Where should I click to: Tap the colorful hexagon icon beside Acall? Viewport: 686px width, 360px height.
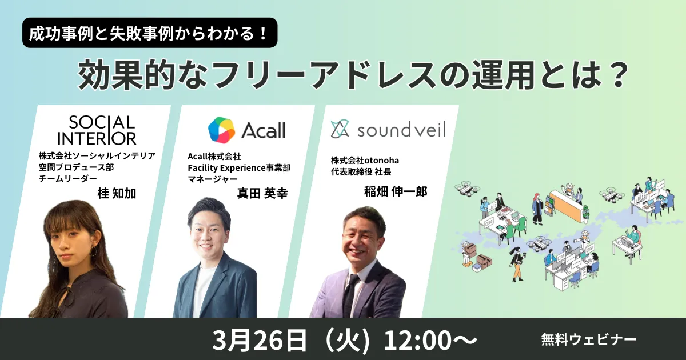(221, 130)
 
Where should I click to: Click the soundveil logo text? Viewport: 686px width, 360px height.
(401, 130)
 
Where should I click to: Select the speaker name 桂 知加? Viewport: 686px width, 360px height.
(118, 194)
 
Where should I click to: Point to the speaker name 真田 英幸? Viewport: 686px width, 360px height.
(262, 194)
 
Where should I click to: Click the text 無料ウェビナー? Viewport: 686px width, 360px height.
(588, 339)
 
